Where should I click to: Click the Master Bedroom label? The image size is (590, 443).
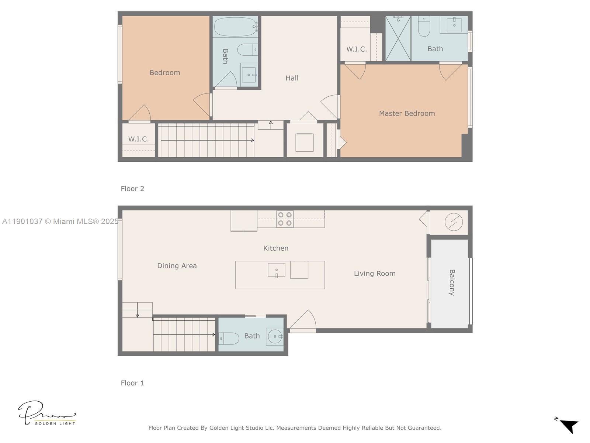(x=407, y=113)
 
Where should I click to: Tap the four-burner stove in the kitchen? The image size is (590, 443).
(x=285, y=219)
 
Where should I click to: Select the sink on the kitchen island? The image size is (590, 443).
(x=277, y=270)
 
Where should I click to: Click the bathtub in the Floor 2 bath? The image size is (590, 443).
(x=235, y=27)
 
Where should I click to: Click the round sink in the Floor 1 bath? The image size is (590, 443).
(x=275, y=337)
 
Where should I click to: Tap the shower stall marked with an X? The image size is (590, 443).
(x=398, y=38)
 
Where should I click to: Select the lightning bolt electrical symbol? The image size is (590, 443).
(x=454, y=222)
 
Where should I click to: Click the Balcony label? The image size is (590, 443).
(x=452, y=282)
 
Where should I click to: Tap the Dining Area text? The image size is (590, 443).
(x=177, y=266)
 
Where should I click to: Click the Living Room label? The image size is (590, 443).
(x=375, y=274)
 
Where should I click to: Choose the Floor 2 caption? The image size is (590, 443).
(x=132, y=189)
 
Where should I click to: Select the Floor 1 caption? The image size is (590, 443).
(x=132, y=383)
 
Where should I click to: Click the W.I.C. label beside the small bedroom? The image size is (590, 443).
(x=139, y=139)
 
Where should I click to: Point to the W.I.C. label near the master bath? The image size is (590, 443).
(x=356, y=49)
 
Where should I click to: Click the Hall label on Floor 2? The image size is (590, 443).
(x=292, y=78)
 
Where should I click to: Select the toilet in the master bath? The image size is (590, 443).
(x=424, y=27)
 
